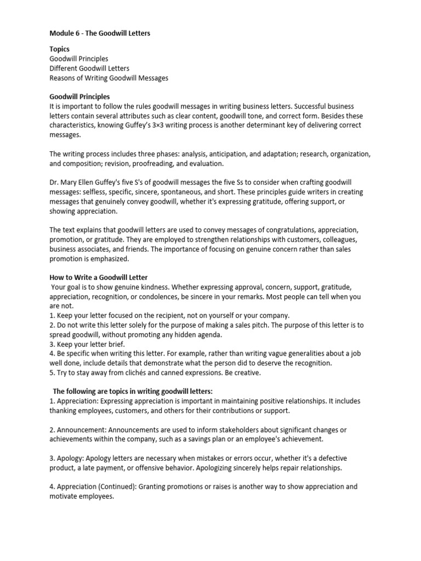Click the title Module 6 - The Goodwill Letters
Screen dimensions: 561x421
pos(100,33)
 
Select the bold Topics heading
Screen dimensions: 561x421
pos(60,49)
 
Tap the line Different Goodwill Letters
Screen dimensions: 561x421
pos(89,68)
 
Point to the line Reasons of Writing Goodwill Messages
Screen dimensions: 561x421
pos(109,78)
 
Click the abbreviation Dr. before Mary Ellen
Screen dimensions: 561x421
pos(54,183)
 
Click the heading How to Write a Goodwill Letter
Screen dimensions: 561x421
pos(99,278)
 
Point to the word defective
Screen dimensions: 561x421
pos(347,458)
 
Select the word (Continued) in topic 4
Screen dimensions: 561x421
pos(123,486)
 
